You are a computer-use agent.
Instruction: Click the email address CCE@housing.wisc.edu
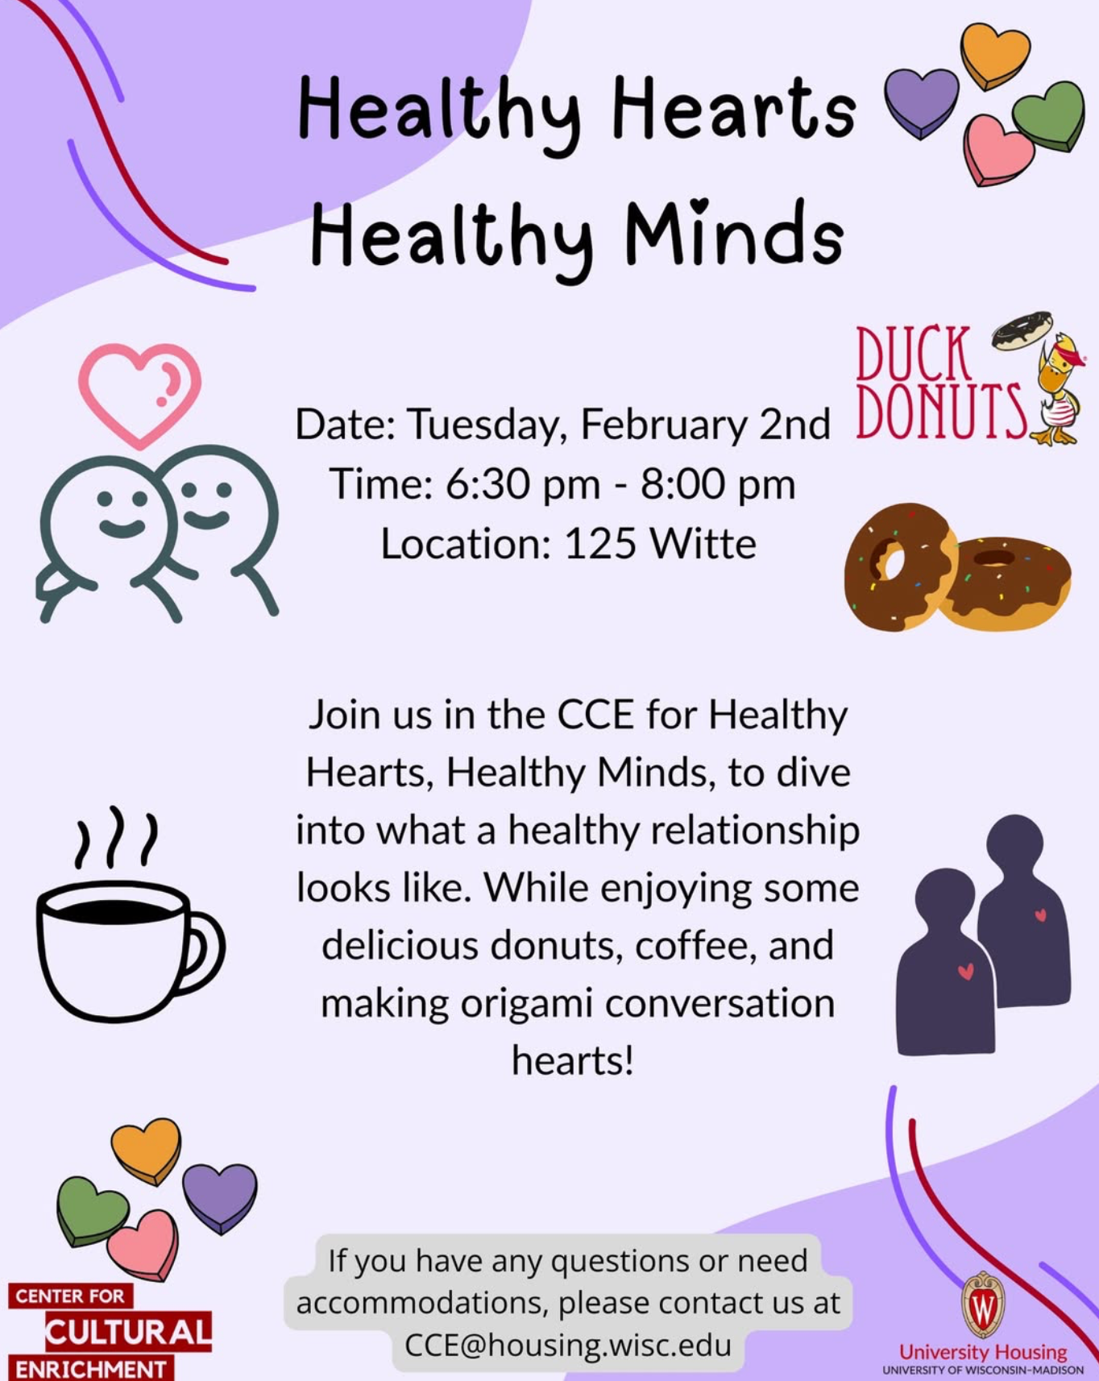568,1345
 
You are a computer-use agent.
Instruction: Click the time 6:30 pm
523,484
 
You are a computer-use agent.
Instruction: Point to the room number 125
600,544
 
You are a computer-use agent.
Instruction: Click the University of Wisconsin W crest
983,1305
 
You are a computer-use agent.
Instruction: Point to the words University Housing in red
983,1351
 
